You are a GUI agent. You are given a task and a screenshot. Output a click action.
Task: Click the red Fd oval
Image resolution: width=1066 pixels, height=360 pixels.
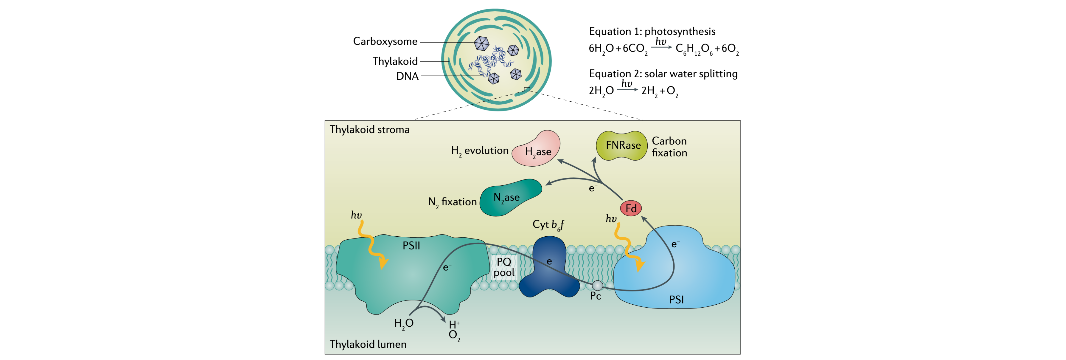pos(631,208)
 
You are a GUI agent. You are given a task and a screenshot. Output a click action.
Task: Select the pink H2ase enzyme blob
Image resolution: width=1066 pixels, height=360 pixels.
pos(537,149)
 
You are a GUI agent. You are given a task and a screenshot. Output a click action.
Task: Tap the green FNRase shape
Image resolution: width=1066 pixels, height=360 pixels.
pos(622,145)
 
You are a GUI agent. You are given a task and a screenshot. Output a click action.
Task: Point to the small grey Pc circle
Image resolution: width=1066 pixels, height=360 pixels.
pos(598,285)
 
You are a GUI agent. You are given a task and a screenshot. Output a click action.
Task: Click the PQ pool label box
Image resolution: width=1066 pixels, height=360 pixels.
pos(504,267)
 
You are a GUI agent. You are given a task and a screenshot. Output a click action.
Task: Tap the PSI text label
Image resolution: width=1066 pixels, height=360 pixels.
pos(676,300)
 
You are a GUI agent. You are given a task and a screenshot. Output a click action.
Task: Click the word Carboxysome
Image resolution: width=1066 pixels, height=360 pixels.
pos(385,41)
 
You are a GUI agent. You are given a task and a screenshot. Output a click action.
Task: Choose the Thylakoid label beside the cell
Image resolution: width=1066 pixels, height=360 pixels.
pos(395,61)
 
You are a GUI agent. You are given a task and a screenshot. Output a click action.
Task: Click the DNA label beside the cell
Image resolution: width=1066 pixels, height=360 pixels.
pos(407,76)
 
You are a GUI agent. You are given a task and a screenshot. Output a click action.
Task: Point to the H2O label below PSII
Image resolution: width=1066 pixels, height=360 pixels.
pos(403,323)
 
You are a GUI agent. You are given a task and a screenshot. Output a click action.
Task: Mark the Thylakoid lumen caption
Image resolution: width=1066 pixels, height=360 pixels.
pos(368,344)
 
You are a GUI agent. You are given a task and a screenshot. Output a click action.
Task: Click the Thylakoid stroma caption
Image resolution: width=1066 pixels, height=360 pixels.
pos(370,129)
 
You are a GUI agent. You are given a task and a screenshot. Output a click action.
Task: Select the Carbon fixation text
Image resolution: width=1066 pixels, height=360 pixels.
pos(669,147)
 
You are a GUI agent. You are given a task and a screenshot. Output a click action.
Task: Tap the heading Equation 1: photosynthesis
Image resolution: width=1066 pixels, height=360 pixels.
pos(652,31)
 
